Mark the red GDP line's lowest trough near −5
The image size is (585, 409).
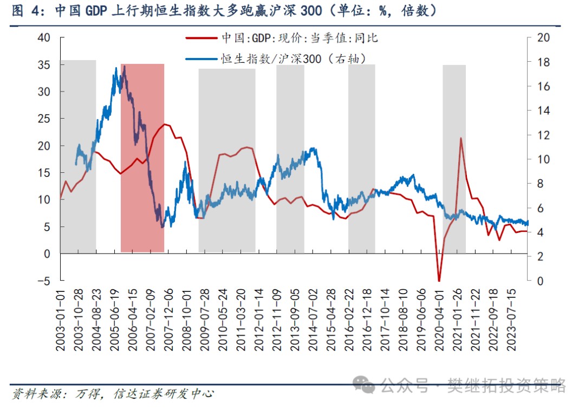(x=439, y=281)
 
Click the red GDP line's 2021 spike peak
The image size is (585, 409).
(x=461, y=138)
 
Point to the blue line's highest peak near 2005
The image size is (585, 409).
(x=125, y=66)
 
